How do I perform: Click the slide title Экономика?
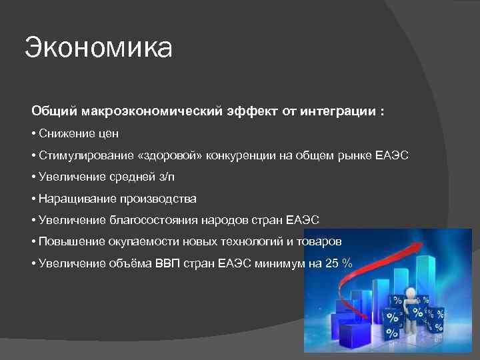tap(99, 48)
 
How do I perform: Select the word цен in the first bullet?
tap(108, 133)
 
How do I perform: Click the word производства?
tap(158, 199)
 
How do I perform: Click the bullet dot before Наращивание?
tap(33, 199)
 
